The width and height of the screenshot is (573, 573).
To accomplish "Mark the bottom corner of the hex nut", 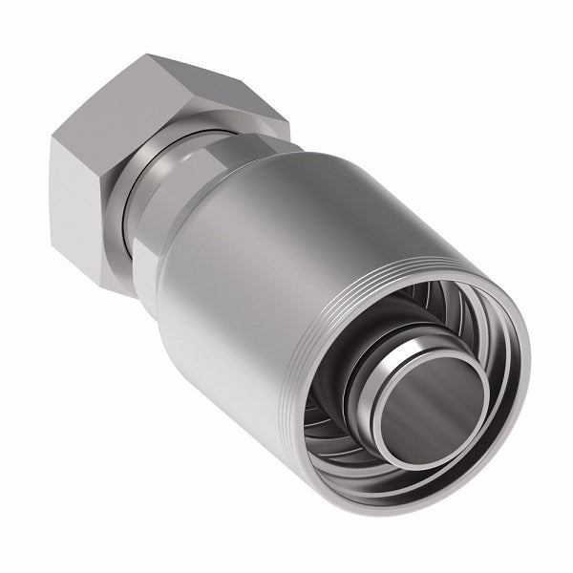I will coord(118,286).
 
